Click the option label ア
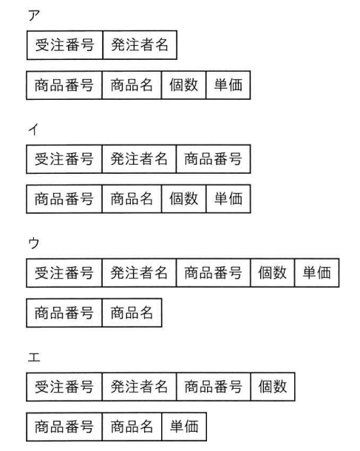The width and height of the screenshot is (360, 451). point(34,16)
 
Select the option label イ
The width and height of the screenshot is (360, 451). point(33,129)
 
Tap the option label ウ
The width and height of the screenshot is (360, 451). point(34,243)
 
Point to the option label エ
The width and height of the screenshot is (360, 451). point(34,358)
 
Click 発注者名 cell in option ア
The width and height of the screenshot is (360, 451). point(140,45)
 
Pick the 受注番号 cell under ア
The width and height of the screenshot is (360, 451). point(64,45)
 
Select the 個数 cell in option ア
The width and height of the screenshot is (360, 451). point(184,85)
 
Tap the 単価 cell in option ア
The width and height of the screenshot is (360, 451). point(228,85)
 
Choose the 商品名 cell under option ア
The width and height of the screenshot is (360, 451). point(132,85)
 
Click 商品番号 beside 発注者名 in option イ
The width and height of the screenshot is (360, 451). point(214,159)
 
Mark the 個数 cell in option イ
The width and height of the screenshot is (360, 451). point(184,199)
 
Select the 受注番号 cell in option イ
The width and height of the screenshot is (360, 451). point(64,159)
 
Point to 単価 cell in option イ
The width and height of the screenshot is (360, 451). point(228,199)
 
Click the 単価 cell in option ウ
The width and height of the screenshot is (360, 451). point(317,273)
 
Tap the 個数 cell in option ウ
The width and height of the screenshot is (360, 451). point(273,273)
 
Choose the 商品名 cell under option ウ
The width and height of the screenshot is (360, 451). point(132,313)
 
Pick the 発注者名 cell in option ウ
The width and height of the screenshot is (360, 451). point(139,273)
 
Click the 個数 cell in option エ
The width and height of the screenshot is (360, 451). point(273,387)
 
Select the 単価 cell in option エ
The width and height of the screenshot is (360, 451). point(184,427)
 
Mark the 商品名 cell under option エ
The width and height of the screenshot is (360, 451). point(132,427)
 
